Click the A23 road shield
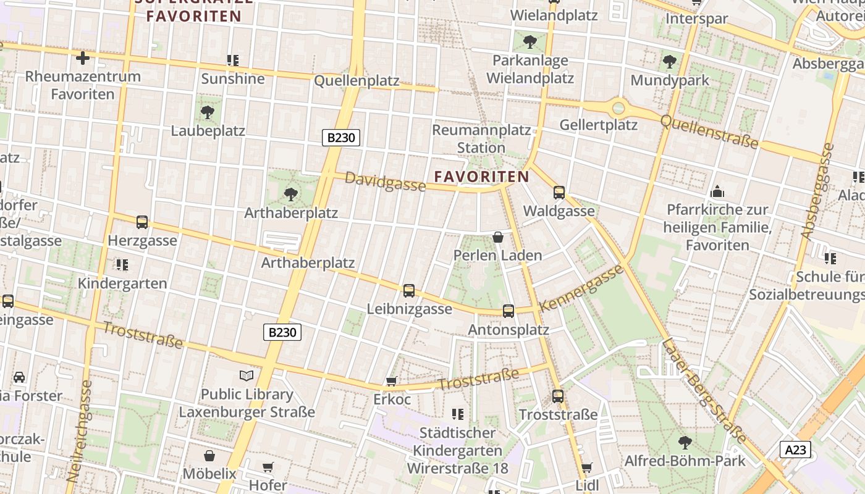[x=795, y=450]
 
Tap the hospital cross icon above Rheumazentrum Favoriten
[x=82, y=58]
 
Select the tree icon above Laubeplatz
[x=208, y=112]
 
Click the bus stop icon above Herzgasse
[x=142, y=222]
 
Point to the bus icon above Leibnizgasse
[x=408, y=291]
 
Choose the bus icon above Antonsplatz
[x=508, y=311]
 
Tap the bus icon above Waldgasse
[x=559, y=193]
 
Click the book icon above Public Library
[x=246, y=375]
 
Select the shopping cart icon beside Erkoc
[x=391, y=382]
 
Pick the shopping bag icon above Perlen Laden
[x=498, y=237]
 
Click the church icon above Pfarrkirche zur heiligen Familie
[x=717, y=191]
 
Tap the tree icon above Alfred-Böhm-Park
[x=685, y=442]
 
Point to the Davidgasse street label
[x=385, y=182]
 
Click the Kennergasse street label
[x=581, y=288]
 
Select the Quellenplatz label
[x=357, y=81]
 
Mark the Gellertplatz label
[x=598, y=125]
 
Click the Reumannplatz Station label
[x=481, y=139]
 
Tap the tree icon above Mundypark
[x=669, y=62]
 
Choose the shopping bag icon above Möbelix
[x=209, y=456]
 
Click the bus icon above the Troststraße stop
[x=558, y=396]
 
